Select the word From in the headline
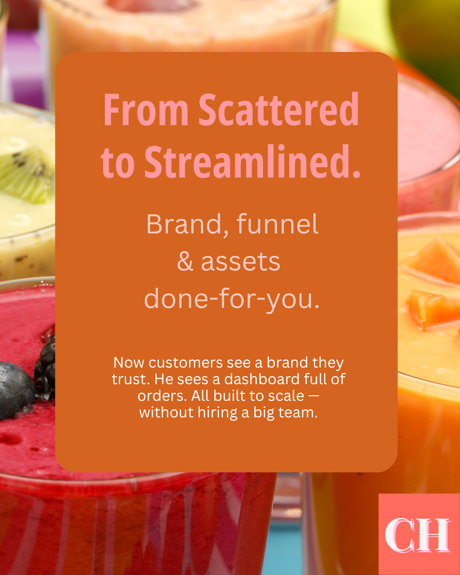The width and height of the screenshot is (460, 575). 146,109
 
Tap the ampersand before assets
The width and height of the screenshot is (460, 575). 185,262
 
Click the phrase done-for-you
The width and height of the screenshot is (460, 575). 232,299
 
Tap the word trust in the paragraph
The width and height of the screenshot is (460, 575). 130,379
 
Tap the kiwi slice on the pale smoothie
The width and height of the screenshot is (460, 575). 26,174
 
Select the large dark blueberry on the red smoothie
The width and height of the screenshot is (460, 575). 16,390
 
